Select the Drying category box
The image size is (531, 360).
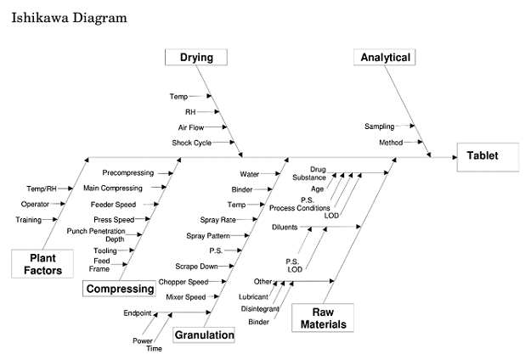(x=196, y=58)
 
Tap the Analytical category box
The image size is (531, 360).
(x=386, y=58)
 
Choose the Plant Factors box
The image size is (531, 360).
(x=40, y=264)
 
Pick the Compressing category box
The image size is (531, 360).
(x=121, y=289)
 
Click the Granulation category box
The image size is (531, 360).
(x=204, y=335)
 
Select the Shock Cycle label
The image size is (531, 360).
(x=191, y=143)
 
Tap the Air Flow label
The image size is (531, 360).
(x=191, y=127)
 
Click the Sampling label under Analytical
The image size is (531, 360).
(x=379, y=127)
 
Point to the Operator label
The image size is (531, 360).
(x=35, y=204)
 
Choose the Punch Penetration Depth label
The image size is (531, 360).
(x=95, y=234)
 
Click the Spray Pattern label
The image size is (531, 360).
(x=207, y=234)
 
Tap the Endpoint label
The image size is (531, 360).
(x=138, y=313)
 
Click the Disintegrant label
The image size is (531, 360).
(x=260, y=308)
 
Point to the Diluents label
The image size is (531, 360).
(x=285, y=228)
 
